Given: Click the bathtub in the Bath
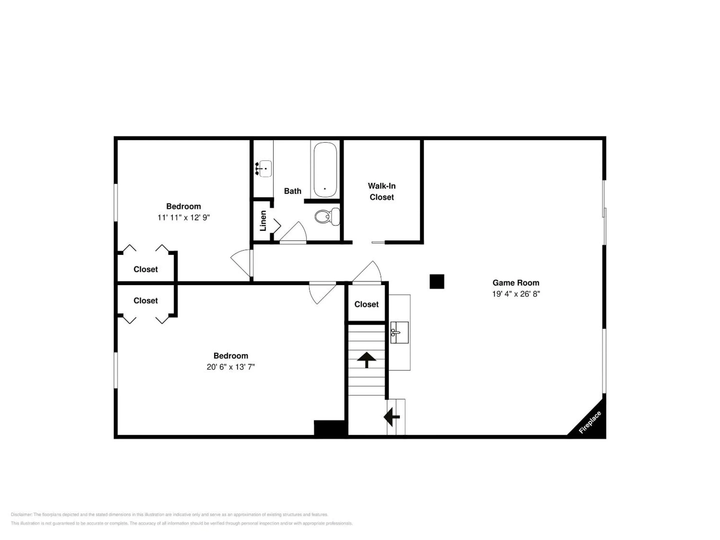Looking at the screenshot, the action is [x=325, y=169].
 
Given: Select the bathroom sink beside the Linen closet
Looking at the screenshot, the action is [x=264, y=168].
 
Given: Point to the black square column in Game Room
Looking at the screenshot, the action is [x=437, y=281].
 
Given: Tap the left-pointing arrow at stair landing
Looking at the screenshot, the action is [x=391, y=417].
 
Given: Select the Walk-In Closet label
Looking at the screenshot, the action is [x=382, y=191].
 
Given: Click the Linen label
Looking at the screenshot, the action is [x=263, y=221].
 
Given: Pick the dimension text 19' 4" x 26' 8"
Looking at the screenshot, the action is [x=516, y=294].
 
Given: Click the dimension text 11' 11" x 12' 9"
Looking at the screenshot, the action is [x=183, y=217].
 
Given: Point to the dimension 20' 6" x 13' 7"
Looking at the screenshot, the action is [x=230, y=367].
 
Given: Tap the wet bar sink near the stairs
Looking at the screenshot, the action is [x=399, y=332].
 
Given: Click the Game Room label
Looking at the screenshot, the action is [x=516, y=282].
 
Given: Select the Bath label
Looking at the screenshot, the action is [x=292, y=191].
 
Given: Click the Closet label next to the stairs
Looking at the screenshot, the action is [x=366, y=304].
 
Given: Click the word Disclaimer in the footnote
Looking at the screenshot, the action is [x=21, y=514].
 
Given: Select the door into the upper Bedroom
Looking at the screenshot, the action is [x=241, y=263].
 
